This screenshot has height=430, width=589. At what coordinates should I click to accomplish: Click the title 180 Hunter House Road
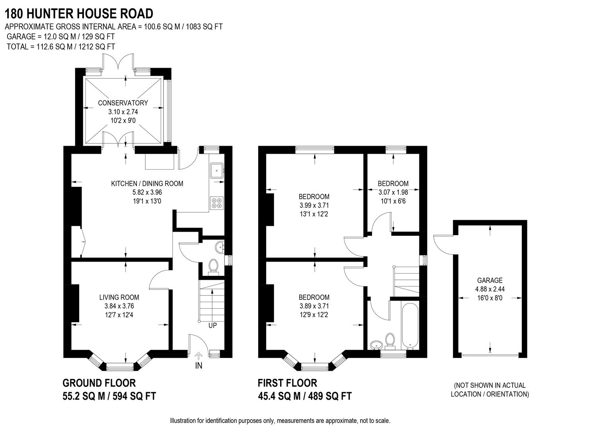(x=79, y=14)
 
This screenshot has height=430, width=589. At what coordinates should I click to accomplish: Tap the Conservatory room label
(x=123, y=103)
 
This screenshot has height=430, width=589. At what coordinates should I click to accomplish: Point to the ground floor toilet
(x=213, y=266)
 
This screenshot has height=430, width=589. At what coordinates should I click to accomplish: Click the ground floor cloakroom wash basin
(x=219, y=248)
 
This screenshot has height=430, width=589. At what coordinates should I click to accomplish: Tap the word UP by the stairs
(x=213, y=325)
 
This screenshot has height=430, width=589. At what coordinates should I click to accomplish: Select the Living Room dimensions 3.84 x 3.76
(x=119, y=306)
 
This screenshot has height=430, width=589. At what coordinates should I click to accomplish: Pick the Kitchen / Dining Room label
(x=147, y=184)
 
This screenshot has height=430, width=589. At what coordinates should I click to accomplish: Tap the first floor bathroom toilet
(x=390, y=340)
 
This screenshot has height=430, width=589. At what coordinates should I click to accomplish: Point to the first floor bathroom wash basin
(x=375, y=344)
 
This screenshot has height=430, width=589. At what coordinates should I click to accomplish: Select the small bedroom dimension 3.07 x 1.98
(x=393, y=192)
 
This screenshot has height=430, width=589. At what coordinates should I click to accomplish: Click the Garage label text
(x=490, y=280)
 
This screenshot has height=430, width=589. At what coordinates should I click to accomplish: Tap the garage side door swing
(x=443, y=243)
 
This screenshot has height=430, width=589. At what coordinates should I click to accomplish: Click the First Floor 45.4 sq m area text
(x=305, y=396)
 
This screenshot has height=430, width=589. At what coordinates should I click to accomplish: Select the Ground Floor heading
(x=99, y=383)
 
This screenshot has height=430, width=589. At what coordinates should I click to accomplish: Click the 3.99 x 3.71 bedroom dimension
(x=314, y=205)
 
